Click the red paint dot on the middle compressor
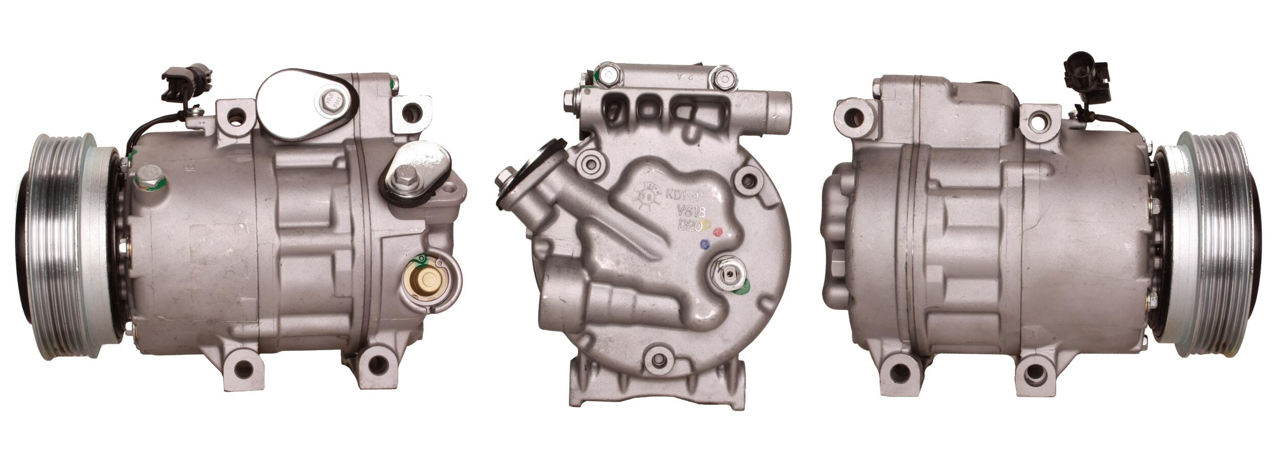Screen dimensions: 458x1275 click(719, 232)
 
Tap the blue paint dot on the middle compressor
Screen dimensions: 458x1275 click(705, 244)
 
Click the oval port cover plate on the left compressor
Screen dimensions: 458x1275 click(306, 105)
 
